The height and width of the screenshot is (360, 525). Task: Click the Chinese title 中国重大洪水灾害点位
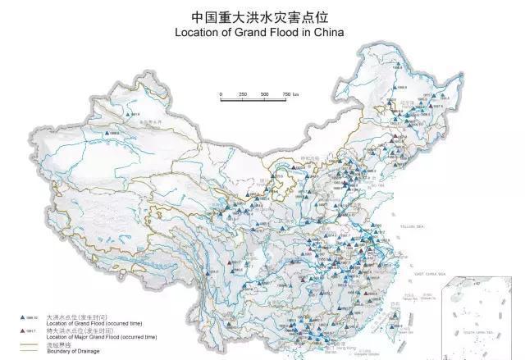click(263, 16)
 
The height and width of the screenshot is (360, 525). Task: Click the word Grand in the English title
click(266, 33)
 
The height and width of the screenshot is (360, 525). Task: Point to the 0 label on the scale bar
click(221, 95)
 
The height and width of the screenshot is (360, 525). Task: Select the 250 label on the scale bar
click(243, 95)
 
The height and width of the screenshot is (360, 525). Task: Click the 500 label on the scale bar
click(265, 95)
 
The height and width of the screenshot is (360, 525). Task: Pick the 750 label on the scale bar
click(285, 95)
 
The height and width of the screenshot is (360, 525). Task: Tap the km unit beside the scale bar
click(297, 95)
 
